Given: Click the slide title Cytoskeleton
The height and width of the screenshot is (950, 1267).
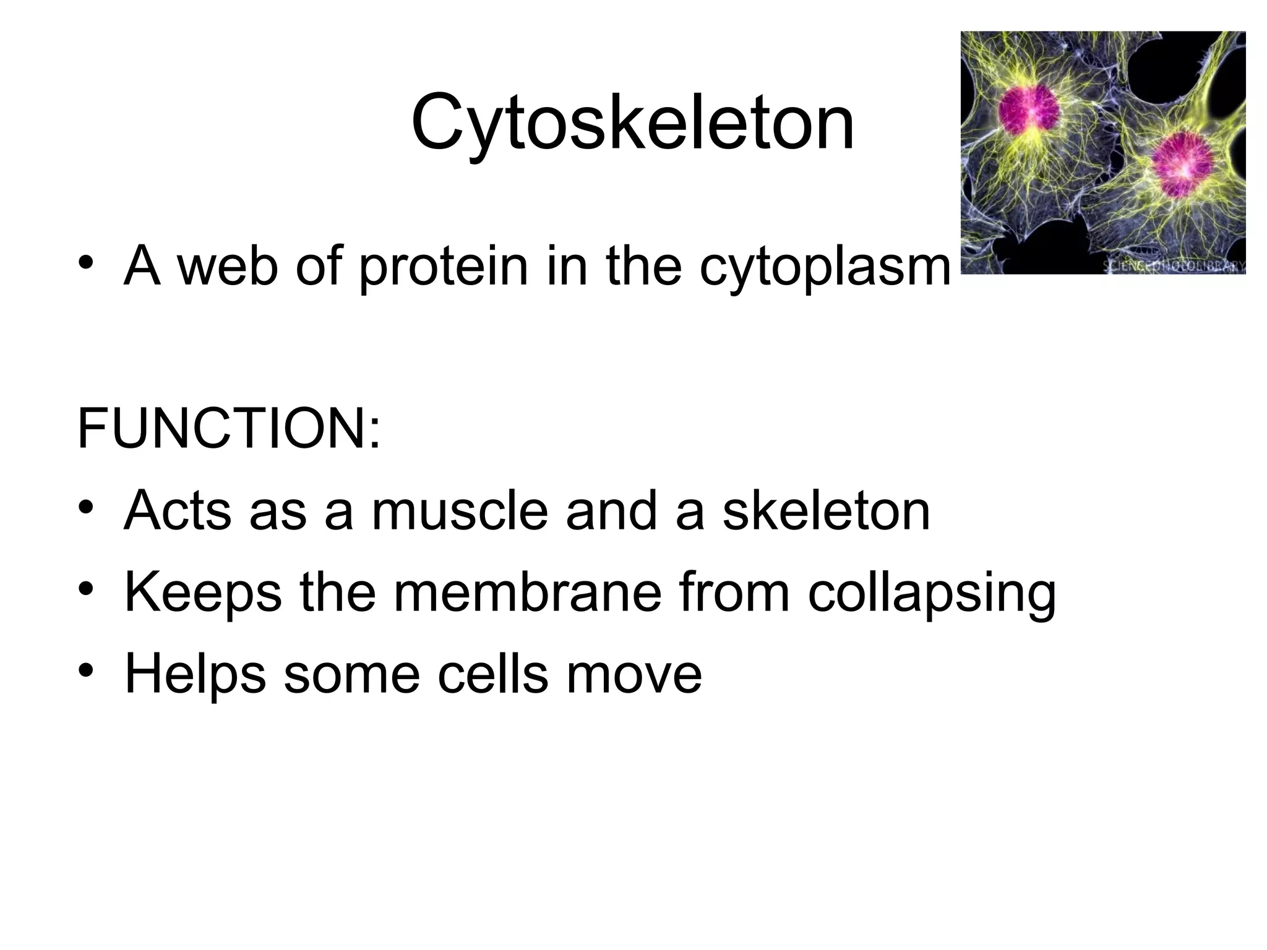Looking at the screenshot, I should tap(632, 124).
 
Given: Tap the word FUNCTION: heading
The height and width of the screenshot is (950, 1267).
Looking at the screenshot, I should tap(229, 428).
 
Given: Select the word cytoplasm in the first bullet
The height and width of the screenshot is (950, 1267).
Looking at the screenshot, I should tap(825, 267).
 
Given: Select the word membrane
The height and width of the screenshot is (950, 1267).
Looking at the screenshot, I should tap(527, 593).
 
